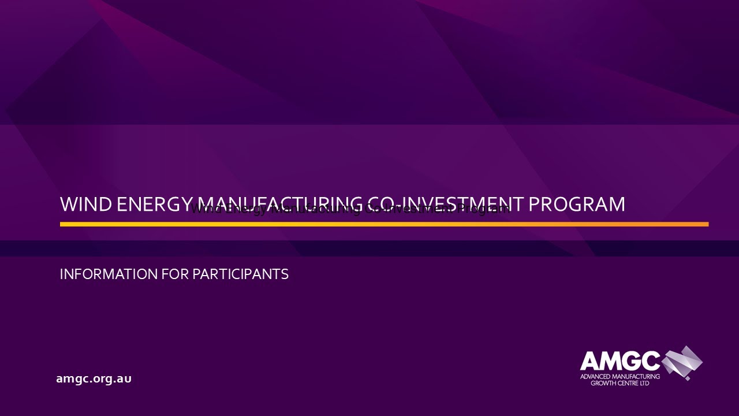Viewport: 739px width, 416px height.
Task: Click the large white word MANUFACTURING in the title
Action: pos(280,205)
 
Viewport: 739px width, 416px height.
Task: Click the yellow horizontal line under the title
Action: pos(384,224)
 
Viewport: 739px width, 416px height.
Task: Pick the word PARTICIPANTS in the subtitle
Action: pos(240,274)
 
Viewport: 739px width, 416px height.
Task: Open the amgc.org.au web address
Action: pos(94,379)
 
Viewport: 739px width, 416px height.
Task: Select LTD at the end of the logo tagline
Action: pos(645,383)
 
